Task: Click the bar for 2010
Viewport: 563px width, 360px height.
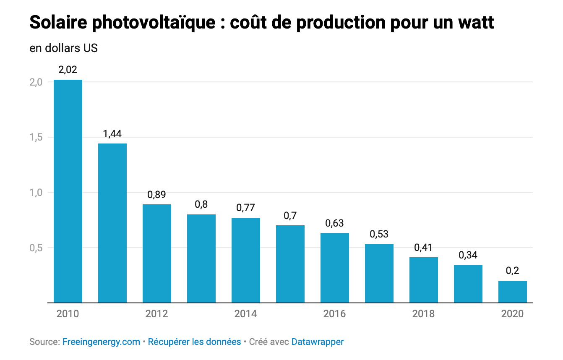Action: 68,191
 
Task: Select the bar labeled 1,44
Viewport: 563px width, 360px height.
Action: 112,223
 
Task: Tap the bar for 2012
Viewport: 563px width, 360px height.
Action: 157,253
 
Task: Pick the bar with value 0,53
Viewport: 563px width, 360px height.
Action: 379,273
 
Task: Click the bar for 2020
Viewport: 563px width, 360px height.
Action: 513,292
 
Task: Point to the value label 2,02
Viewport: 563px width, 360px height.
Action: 68,70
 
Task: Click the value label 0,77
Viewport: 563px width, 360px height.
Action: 246,208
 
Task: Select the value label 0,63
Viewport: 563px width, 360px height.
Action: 335,223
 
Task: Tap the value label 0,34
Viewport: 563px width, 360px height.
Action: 468,255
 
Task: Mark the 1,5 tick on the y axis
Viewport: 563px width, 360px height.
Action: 36,137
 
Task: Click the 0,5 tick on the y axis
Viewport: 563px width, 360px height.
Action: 36,248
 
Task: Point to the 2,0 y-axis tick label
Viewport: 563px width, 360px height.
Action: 36,82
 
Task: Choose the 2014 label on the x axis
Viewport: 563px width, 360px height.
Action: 246,314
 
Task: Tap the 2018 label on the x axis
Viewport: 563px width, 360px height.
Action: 424,314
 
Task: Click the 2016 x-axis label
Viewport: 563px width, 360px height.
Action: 335,314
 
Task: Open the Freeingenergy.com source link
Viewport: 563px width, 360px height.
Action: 101,342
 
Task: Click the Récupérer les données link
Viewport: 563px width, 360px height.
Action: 195,342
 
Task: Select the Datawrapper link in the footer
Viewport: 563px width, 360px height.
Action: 318,342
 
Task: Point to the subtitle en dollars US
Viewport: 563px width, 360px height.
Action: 63,48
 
